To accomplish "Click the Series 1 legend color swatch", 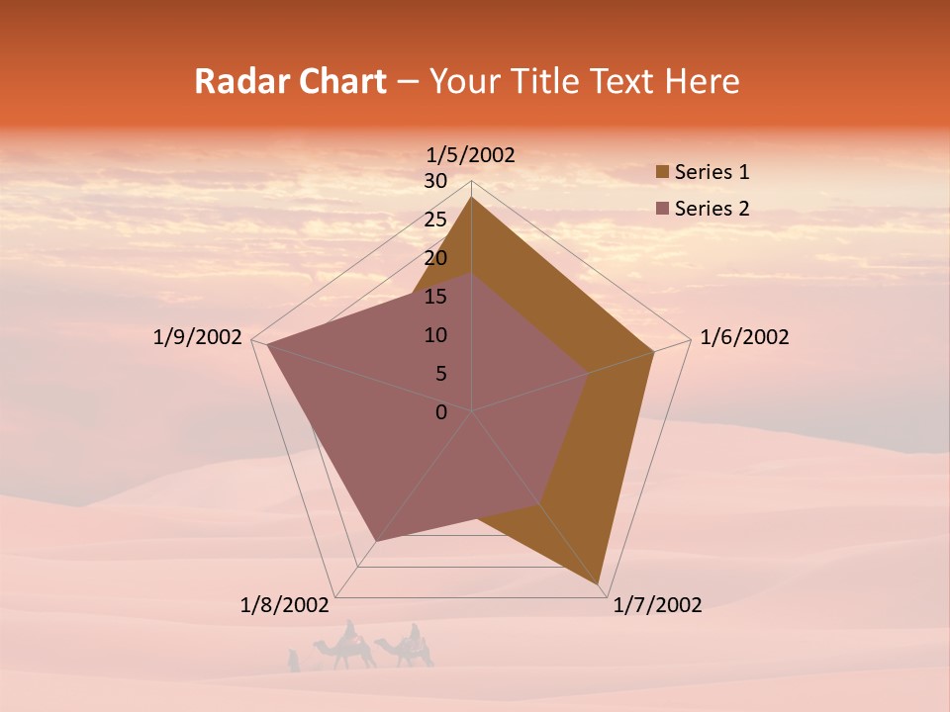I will point(663,172).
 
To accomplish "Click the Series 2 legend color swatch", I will point(663,209).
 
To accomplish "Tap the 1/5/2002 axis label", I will point(470,154).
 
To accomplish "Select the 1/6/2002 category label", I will point(744,337).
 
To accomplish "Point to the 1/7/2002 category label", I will point(657,605).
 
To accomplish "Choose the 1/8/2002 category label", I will point(284,605).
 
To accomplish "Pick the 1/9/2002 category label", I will point(198,337).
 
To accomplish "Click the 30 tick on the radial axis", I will point(435,181).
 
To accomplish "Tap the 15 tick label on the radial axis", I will point(435,297).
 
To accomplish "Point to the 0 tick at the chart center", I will point(441,412).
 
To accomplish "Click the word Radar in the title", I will point(231,81).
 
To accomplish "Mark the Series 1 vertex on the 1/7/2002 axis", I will point(601,585).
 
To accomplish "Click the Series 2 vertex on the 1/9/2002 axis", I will point(267,344).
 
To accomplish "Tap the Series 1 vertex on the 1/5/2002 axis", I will point(472,198).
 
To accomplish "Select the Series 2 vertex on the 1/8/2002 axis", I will point(376,541).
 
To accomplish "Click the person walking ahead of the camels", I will point(293,660).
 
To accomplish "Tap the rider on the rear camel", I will point(415,634).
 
